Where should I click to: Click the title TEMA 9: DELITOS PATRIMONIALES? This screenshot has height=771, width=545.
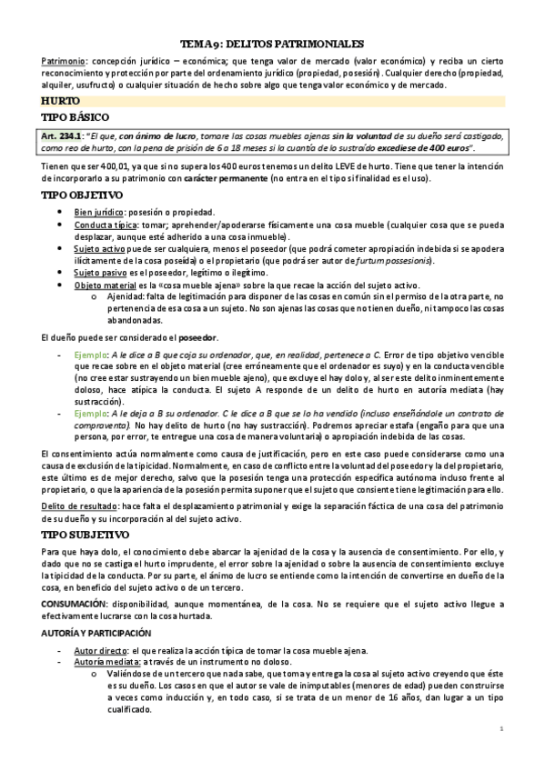(x=272, y=43)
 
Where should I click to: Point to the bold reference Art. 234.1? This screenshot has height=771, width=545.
(x=63, y=135)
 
